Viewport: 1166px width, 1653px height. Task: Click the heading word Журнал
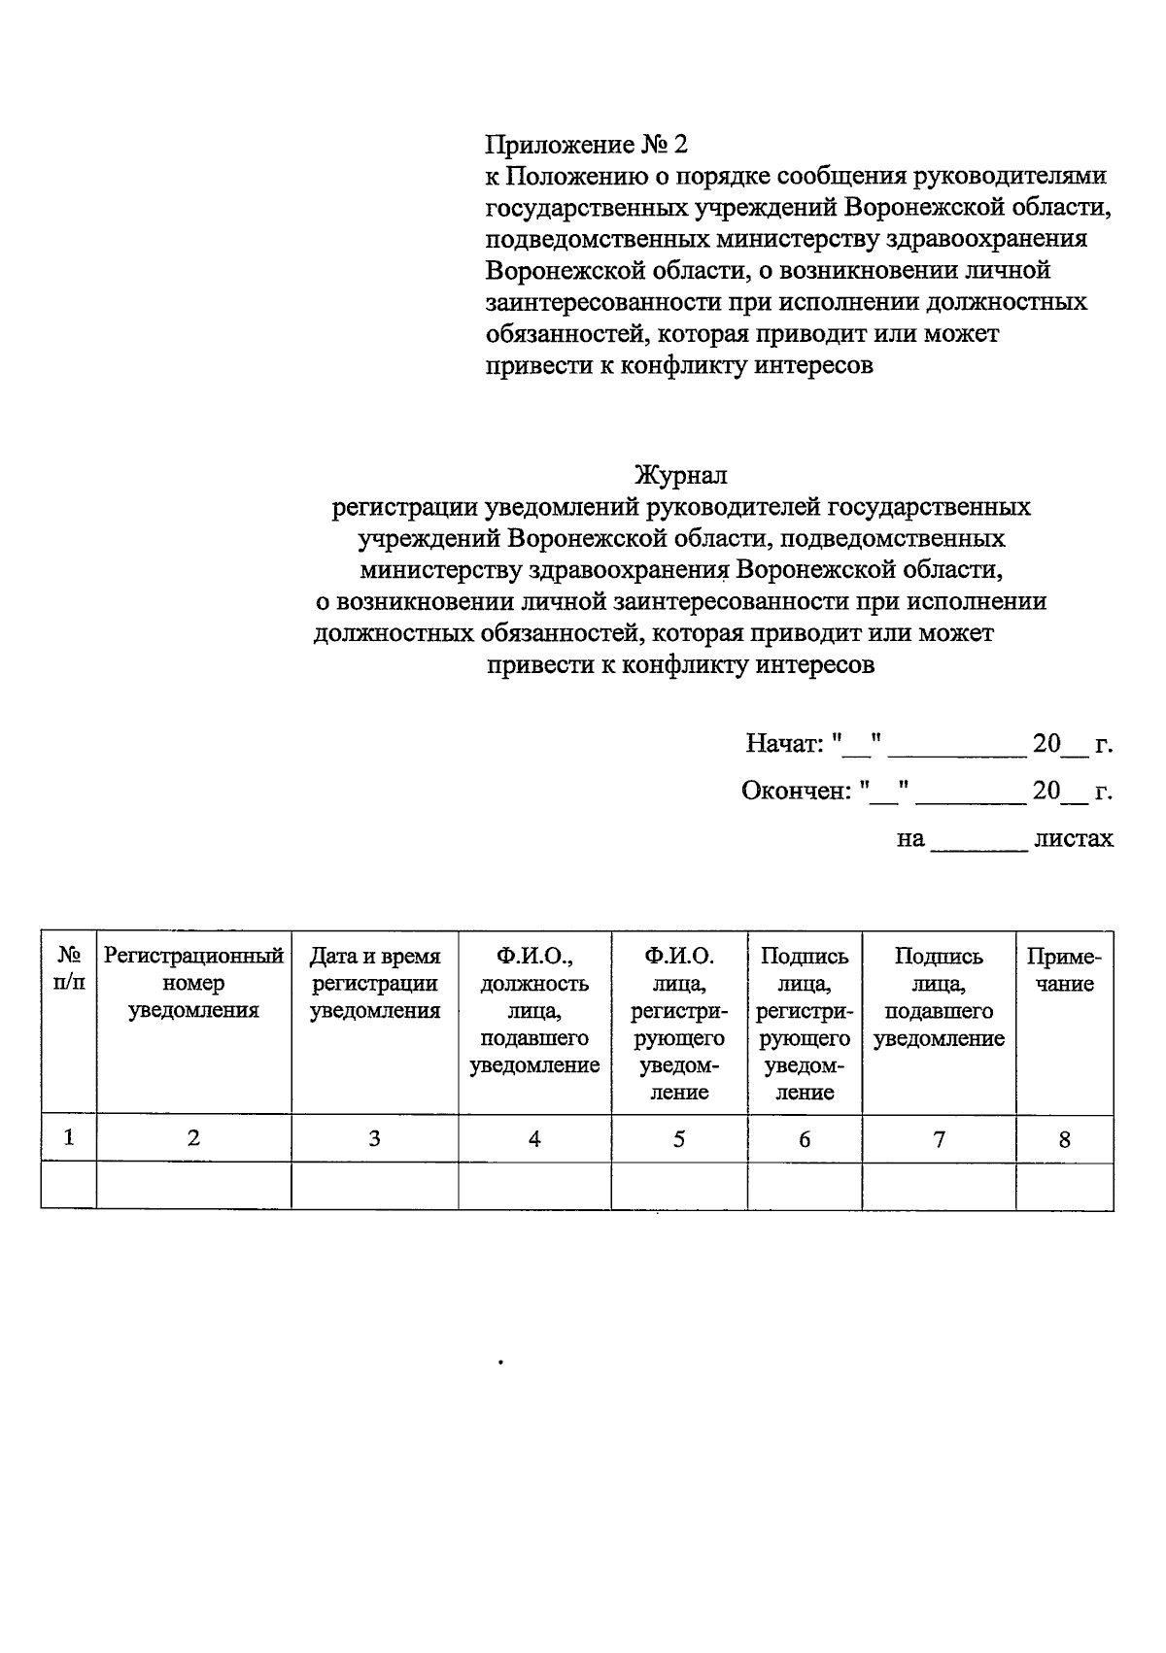(x=680, y=476)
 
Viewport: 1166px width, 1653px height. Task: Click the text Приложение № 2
(x=586, y=145)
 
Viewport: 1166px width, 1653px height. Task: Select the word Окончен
(x=794, y=792)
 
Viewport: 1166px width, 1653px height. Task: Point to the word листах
(x=1073, y=838)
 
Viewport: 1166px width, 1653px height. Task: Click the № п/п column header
(x=68, y=969)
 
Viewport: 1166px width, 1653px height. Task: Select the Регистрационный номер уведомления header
(x=193, y=983)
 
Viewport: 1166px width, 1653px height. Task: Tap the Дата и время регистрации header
(x=374, y=983)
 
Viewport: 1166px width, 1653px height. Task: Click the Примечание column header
(x=1064, y=969)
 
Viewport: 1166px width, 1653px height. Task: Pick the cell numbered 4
(x=533, y=1139)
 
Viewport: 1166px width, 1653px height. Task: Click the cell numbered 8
(x=1064, y=1139)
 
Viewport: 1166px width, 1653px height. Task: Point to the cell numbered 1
(x=68, y=1137)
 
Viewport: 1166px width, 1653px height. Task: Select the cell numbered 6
(x=805, y=1139)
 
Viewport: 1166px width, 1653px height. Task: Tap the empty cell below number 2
(x=193, y=1186)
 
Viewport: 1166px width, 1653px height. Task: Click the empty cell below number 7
(x=939, y=1186)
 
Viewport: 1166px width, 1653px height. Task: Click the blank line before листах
(x=978, y=843)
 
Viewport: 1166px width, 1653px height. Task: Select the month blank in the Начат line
(x=957, y=750)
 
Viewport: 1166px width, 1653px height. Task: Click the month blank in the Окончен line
(x=971, y=796)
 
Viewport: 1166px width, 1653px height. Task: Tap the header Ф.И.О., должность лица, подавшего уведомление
(x=533, y=1010)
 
